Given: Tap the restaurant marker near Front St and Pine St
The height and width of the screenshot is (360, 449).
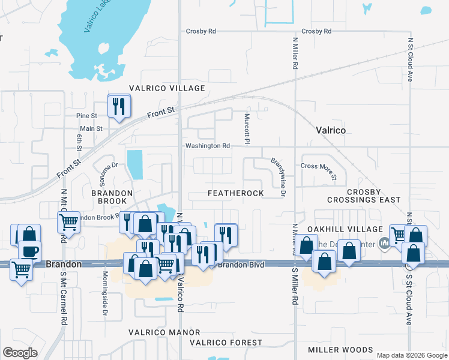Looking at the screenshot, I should click(x=118, y=106).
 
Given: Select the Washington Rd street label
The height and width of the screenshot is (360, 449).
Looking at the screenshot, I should click(x=208, y=146).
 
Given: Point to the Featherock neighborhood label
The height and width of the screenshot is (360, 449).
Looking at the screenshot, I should click(x=236, y=193).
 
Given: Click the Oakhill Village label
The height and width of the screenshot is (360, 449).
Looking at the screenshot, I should click(x=345, y=229).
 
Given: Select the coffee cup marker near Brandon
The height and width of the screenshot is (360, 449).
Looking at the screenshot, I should click(x=29, y=250).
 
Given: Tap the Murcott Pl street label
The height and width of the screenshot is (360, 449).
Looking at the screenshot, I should click(x=247, y=128).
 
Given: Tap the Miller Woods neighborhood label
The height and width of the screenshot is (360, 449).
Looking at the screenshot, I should click(x=340, y=350).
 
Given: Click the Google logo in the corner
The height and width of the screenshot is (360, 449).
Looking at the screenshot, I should click(x=20, y=353).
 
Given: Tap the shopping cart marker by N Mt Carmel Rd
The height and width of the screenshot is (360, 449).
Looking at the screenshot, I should click(x=68, y=222).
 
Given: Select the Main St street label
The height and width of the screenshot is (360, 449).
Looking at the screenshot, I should click(x=91, y=128).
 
